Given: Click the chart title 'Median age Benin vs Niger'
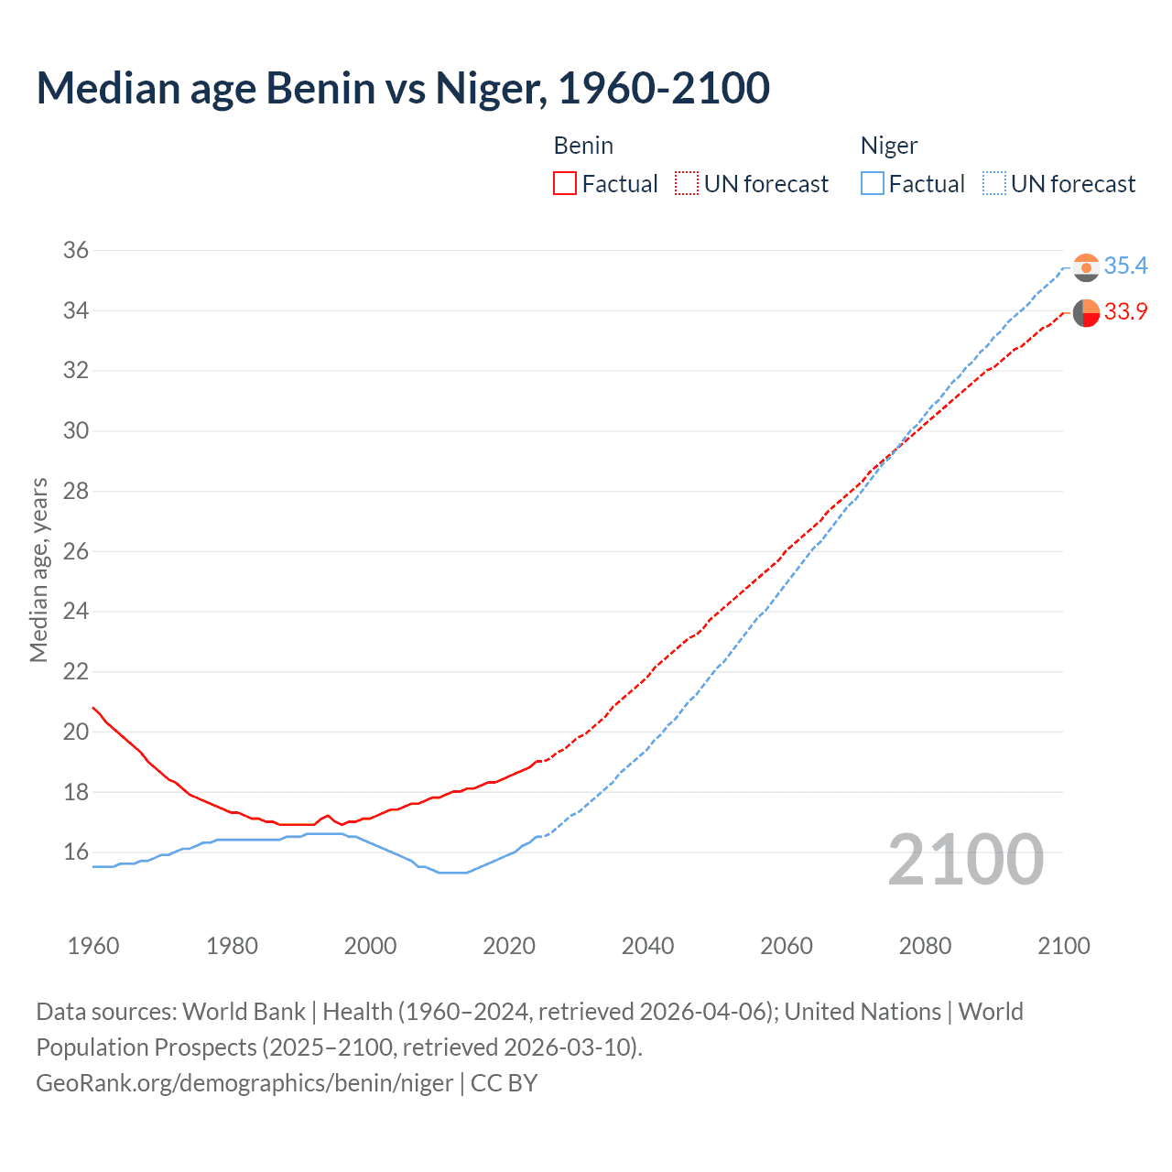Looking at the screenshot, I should click(x=403, y=89).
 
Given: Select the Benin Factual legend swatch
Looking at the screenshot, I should click(x=565, y=184).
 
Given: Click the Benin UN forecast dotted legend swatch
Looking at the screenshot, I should click(x=687, y=184).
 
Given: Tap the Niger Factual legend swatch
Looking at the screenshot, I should click(x=872, y=184).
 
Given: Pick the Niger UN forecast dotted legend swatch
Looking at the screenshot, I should click(x=993, y=184).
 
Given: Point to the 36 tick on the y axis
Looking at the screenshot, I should click(x=76, y=251).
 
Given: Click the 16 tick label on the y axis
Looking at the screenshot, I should click(x=76, y=852).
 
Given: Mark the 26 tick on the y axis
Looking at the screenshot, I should click(x=76, y=551).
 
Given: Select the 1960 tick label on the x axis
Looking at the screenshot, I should click(x=93, y=946).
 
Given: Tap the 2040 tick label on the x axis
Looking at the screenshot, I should click(x=647, y=946).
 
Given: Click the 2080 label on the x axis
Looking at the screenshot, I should click(x=925, y=946).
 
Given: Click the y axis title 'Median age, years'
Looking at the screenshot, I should click(x=38, y=570).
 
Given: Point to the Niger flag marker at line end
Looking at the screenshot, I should click(x=1086, y=267).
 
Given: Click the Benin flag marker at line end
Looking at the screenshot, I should click(x=1086, y=313).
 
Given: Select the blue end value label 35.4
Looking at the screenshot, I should click(x=1125, y=266).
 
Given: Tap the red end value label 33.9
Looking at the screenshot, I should click(x=1125, y=312).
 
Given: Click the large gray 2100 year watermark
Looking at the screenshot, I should click(x=966, y=860).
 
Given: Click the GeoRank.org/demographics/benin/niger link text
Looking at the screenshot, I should click(x=244, y=1083).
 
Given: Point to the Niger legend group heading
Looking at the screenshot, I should click(x=888, y=146).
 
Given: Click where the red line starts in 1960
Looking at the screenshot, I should click(x=93, y=707).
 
